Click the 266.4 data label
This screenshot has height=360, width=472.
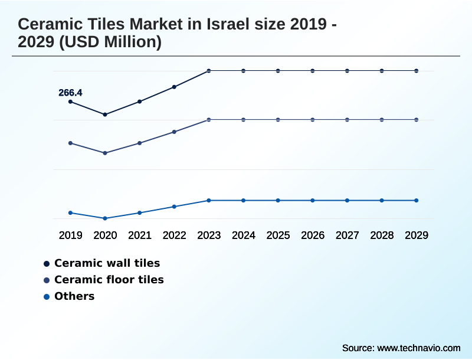point(70,93)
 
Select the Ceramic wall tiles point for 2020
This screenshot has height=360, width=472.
point(105,114)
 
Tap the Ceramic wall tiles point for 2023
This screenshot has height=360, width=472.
point(209,71)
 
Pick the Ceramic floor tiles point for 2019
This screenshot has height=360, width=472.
point(70,143)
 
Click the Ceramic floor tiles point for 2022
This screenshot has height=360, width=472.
point(174,132)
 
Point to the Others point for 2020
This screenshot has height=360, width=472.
point(105,218)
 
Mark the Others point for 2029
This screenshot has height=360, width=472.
point(417,201)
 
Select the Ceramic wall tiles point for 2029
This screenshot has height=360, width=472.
point(417,71)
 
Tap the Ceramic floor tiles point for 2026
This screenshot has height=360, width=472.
point(313,120)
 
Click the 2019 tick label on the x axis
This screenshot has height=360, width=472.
point(70,235)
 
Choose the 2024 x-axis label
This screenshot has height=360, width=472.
point(244,235)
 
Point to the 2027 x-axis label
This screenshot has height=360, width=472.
point(348,235)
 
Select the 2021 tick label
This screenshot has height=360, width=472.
point(140,235)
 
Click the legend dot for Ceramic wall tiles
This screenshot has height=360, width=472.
point(47,263)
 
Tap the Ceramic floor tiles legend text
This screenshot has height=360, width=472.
point(109,280)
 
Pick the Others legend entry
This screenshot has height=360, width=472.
point(74,296)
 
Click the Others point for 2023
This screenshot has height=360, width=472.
point(209,201)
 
